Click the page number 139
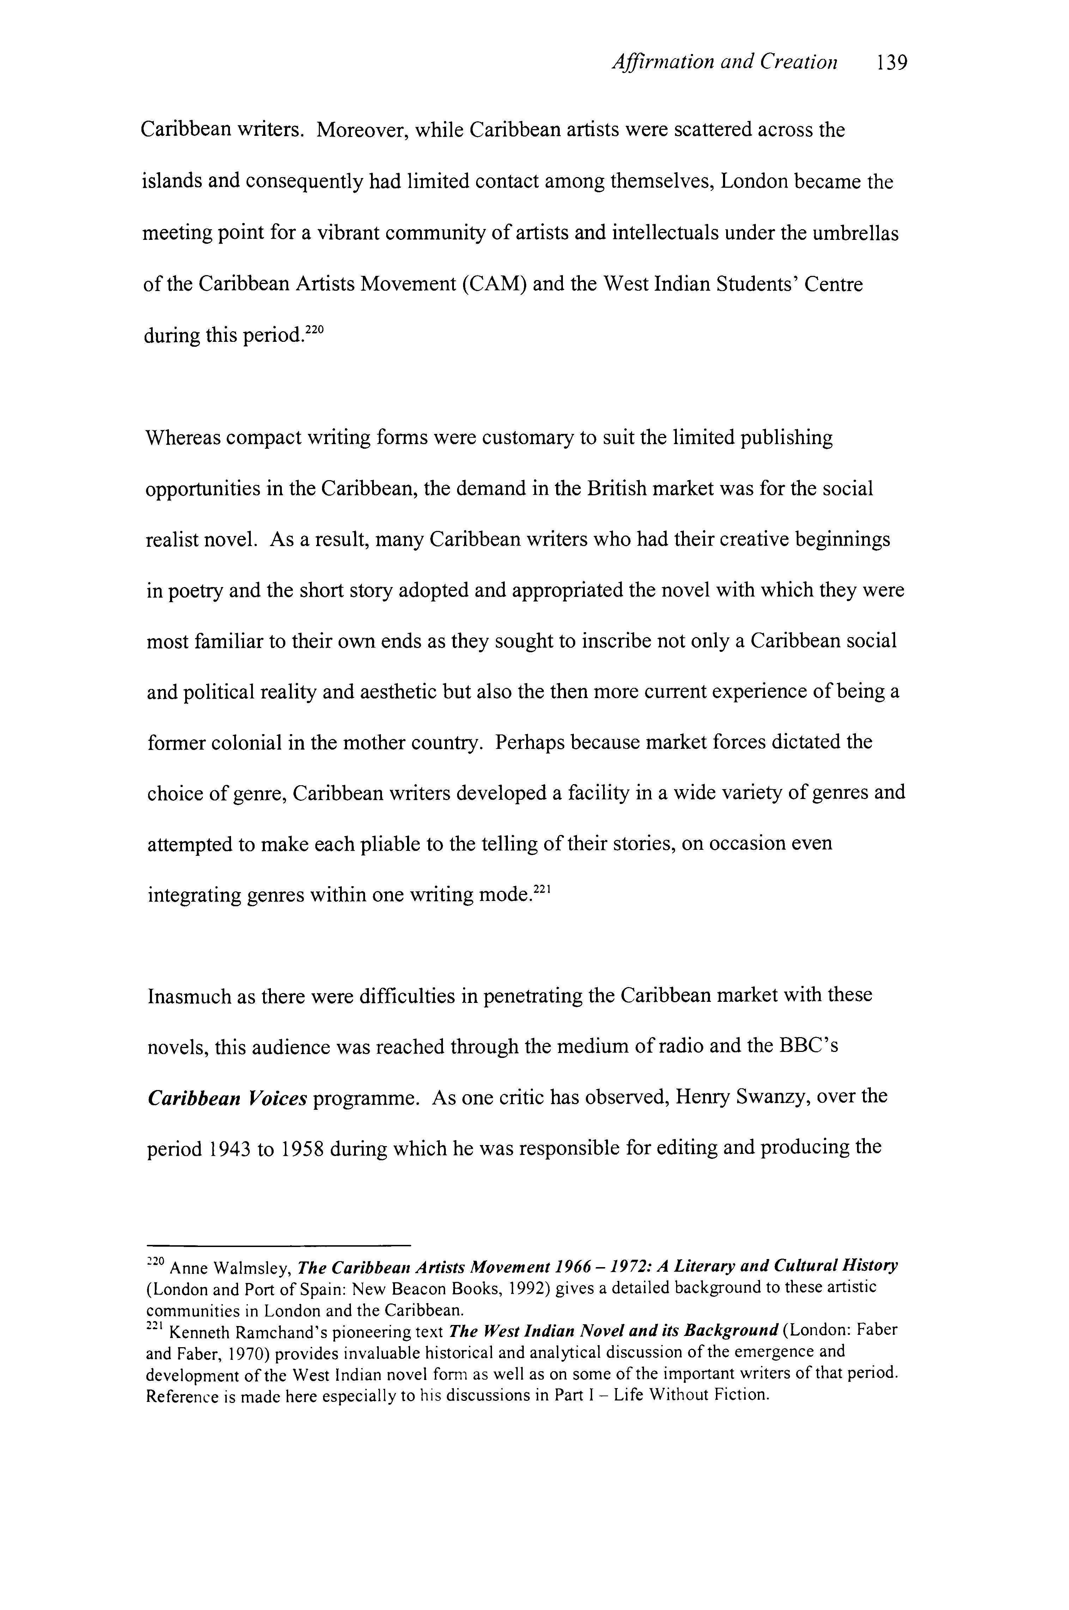click(x=892, y=63)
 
